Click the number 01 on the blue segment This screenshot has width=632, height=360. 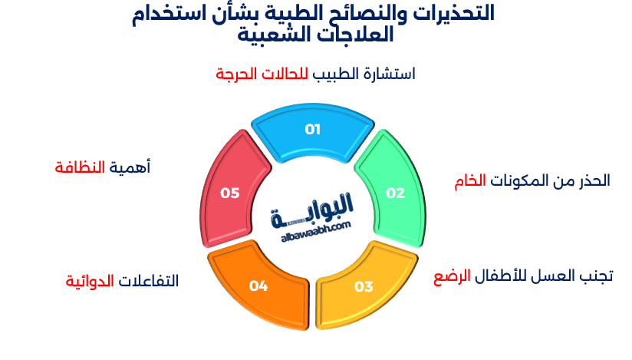click(x=312, y=129)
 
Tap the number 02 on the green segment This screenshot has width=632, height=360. click(x=395, y=193)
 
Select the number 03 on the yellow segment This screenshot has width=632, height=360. click(x=364, y=287)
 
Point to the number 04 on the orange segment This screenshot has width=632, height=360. click(x=258, y=286)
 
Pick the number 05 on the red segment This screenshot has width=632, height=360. click(x=230, y=193)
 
